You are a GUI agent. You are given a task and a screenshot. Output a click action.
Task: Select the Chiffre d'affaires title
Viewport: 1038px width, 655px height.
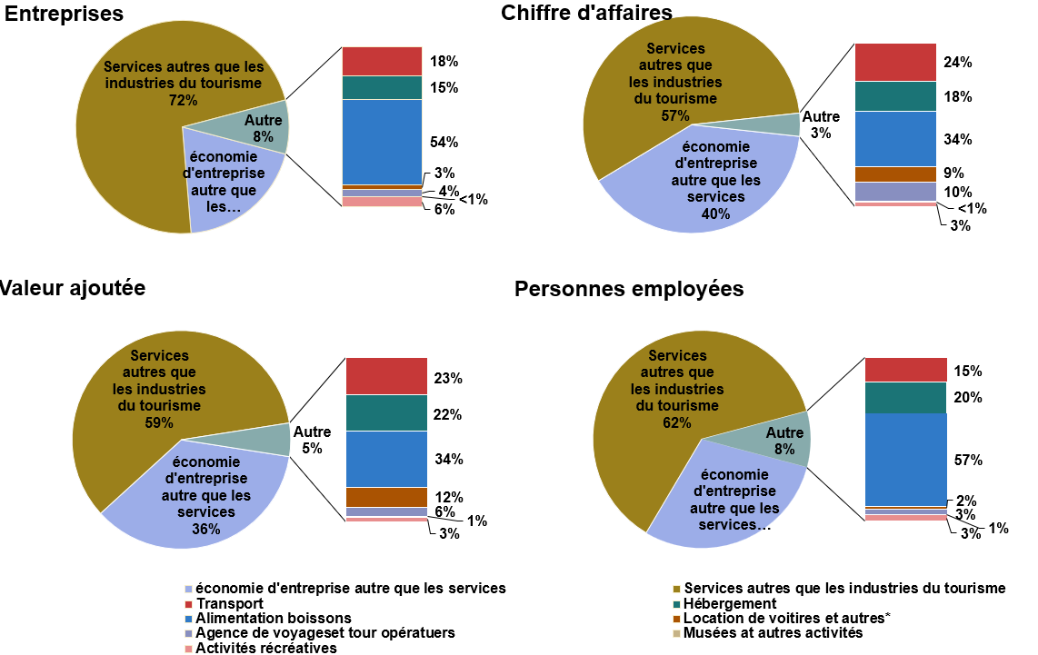point(586,13)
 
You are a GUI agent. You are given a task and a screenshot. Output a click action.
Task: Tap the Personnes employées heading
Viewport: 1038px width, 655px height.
point(629,289)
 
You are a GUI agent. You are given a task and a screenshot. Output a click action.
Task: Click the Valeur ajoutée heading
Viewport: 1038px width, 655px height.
point(72,288)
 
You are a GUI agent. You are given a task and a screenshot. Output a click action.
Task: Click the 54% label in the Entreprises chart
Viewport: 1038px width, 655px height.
point(444,142)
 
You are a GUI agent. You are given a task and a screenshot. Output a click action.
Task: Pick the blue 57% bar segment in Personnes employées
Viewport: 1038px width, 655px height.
point(905,459)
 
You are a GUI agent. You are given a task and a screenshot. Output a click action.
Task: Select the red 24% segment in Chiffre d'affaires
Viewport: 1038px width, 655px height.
point(895,62)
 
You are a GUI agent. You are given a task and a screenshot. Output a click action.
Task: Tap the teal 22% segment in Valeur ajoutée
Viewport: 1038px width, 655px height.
point(386,412)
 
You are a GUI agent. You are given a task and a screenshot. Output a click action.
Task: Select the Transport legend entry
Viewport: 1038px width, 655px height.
point(229,603)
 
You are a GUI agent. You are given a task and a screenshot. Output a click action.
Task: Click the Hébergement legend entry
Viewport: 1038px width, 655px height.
point(730,603)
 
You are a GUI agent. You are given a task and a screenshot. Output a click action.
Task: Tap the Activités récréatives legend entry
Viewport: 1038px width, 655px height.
point(265,648)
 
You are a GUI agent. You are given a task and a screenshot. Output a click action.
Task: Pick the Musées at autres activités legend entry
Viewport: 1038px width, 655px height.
point(773,632)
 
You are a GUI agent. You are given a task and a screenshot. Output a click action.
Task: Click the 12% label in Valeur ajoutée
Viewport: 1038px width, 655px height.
point(449,497)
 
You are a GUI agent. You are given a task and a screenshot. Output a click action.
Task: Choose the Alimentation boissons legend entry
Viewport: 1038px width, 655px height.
point(273,618)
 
